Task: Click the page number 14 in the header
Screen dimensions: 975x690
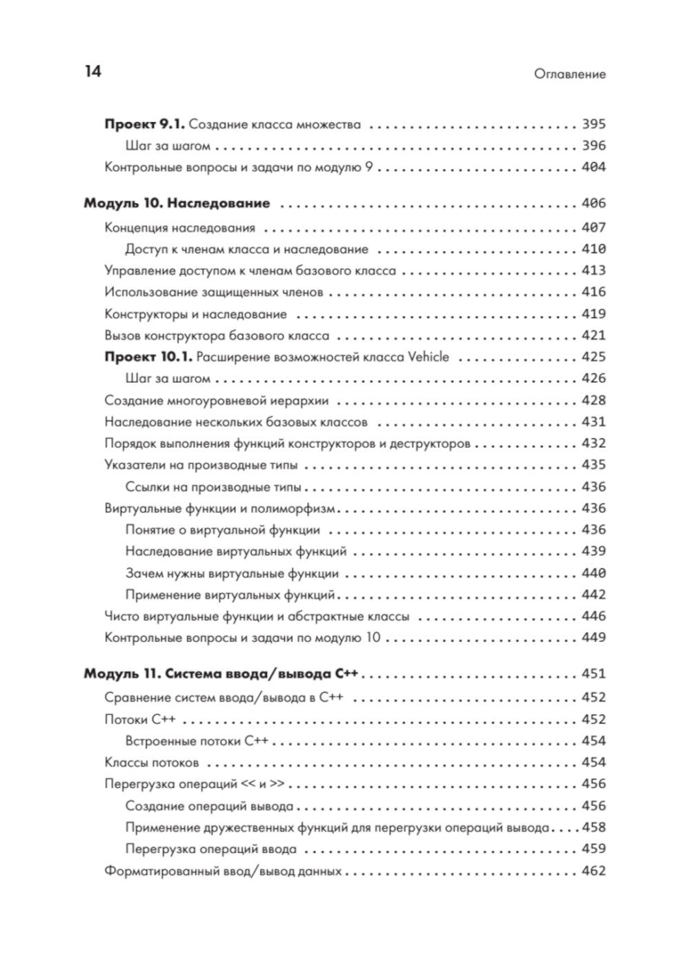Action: coord(92,72)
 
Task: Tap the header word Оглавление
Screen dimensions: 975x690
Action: coord(569,74)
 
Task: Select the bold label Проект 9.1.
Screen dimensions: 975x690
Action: coord(144,125)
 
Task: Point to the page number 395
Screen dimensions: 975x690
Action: coord(593,124)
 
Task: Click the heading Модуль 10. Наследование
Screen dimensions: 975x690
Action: coord(177,204)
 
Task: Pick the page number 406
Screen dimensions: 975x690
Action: coord(593,204)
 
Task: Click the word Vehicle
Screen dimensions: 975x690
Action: coord(427,357)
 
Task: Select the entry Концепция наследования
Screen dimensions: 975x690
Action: coord(179,228)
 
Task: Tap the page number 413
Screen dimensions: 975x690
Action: coord(593,270)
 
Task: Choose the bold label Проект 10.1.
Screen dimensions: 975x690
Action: coord(148,357)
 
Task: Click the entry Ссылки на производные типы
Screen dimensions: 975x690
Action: coord(213,486)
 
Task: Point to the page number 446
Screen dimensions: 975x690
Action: coord(593,615)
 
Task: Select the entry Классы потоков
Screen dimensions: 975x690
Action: coord(152,762)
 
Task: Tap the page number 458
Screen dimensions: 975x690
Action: coord(593,827)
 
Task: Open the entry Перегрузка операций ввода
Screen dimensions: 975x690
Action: coord(211,849)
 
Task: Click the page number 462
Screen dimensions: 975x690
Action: coord(593,871)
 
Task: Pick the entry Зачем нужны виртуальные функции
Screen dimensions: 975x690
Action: coord(232,573)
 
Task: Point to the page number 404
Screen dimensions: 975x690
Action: coord(593,167)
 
